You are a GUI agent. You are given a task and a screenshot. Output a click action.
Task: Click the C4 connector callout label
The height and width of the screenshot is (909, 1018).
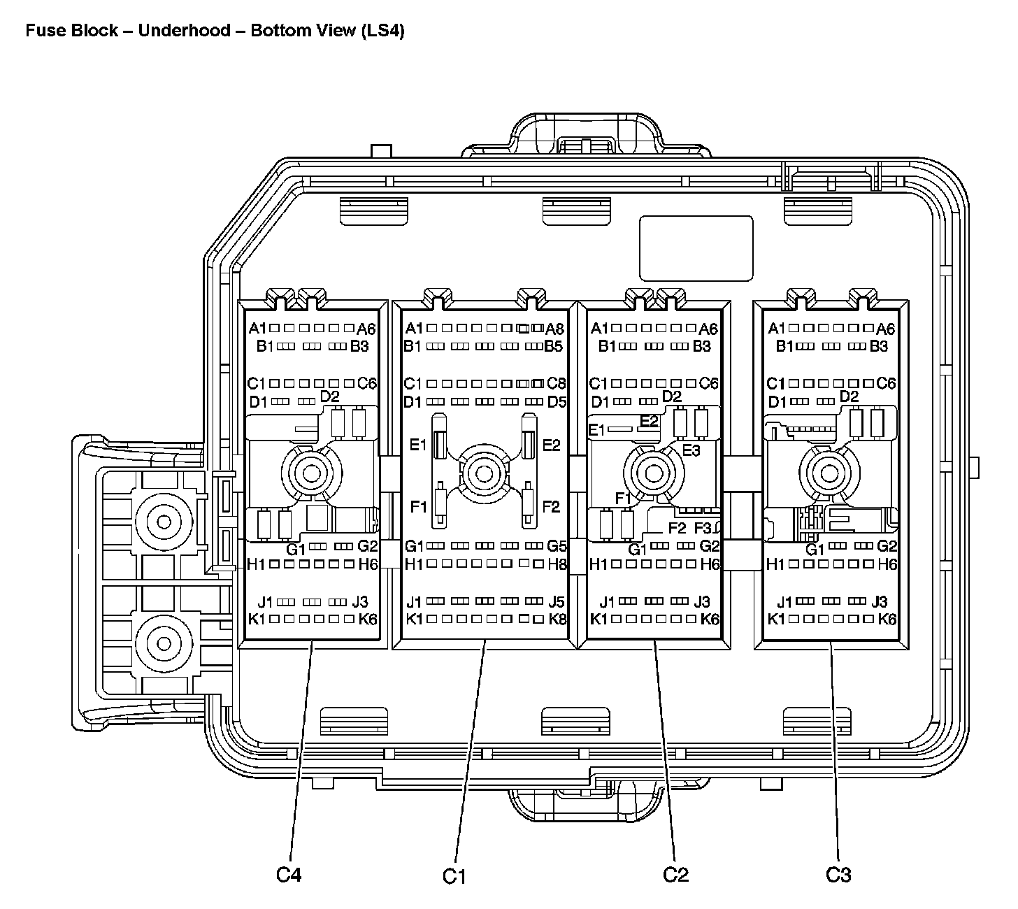[289, 874]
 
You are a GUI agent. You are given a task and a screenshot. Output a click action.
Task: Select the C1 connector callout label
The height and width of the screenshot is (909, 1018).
[454, 875]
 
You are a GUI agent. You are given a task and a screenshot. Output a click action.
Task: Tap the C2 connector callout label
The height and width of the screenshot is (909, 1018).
[676, 874]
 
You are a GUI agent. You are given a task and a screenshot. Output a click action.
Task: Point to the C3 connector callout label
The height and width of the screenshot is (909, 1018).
[838, 874]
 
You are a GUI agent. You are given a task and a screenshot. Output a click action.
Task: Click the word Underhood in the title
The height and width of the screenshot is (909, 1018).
[185, 31]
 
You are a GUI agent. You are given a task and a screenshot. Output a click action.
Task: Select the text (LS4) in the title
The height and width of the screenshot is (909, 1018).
[382, 31]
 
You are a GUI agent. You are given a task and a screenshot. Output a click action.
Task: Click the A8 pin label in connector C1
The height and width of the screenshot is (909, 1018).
[555, 329]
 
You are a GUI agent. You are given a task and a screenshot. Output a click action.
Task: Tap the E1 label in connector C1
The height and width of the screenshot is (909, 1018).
[418, 445]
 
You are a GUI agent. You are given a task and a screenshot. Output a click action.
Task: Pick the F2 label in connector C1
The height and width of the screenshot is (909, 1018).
[552, 507]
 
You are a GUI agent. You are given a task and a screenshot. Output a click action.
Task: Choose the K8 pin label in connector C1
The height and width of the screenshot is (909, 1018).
[557, 619]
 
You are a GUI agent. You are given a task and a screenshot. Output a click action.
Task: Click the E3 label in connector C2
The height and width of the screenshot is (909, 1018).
[691, 450]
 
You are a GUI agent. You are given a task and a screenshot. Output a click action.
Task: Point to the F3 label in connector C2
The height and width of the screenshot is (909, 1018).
[703, 528]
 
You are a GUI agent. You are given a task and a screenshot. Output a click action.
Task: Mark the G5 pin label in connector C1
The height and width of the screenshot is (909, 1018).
[557, 546]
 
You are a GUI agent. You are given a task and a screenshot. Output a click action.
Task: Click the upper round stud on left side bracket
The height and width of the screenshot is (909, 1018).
[164, 522]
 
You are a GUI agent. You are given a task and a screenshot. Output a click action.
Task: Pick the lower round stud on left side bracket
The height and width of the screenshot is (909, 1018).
[164, 642]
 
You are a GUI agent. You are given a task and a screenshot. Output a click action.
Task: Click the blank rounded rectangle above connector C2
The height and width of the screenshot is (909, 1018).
[696, 248]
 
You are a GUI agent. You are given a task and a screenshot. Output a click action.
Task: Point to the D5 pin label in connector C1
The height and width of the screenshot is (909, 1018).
[557, 402]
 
